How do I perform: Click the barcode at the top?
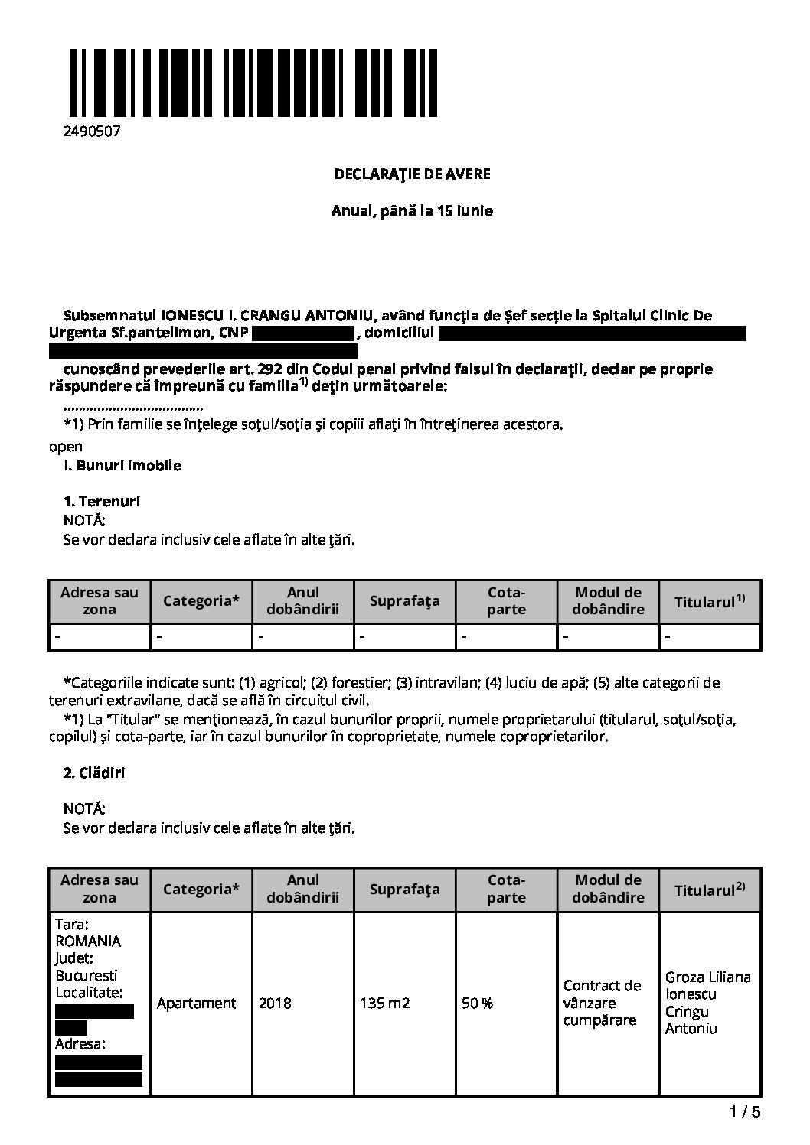[x=252, y=83]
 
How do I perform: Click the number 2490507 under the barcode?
[x=92, y=132]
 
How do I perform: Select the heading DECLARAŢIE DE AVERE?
[x=412, y=174]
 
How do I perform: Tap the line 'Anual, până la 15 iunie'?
[x=412, y=210]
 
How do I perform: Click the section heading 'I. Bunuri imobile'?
[x=122, y=465]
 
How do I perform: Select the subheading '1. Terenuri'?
[x=102, y=502]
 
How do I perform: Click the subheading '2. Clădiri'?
[x=94, y=773]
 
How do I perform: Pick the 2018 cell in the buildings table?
[x=275, y=1003]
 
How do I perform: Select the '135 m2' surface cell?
[x=385, y=1003]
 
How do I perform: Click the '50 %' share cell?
[x=477, y=1003]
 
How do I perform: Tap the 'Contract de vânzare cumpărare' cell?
[x=602, y=1003]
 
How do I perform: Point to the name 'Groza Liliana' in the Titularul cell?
[x=708, y=977]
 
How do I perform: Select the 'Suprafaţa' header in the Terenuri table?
[x=404, y=600]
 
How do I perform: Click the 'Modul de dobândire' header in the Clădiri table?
[x=608, y=888]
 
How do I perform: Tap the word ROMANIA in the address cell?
[x=89, y=942]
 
